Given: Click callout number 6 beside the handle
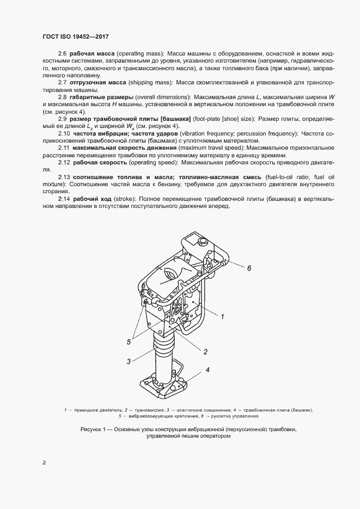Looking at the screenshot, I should click(248, 268).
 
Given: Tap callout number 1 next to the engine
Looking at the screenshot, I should click(222, 315).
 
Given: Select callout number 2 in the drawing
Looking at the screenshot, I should click(206, 351).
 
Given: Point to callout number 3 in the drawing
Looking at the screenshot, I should click(129, 361).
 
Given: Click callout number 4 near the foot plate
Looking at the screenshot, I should click(208, 370).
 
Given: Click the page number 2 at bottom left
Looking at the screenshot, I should click(44, 463).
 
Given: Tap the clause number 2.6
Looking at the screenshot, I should click(62, 54).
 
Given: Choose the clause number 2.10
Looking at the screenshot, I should click(64, 134).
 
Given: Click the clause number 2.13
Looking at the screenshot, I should click(64, 177).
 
